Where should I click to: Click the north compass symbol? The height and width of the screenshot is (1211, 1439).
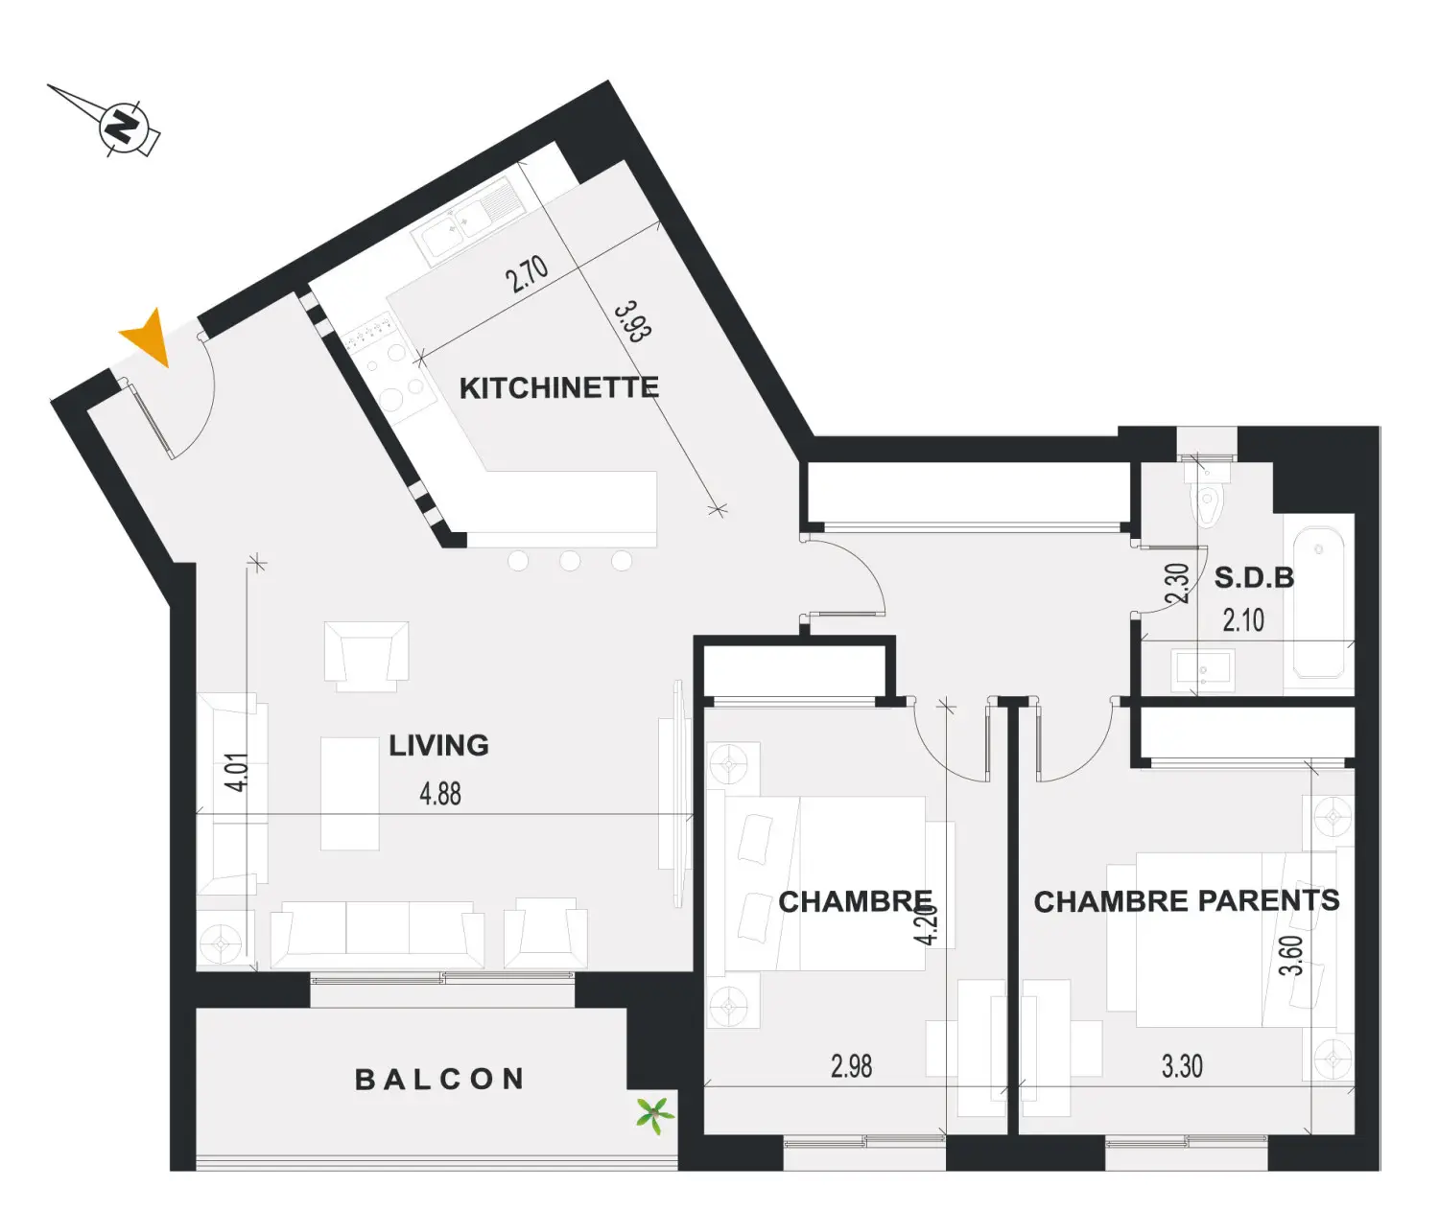click(x=123, y=127)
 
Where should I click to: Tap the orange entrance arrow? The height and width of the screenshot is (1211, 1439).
click(x=150, y=338)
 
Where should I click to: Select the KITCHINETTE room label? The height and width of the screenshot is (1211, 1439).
click(x=559, y=387)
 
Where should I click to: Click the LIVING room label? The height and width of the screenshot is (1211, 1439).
click(x=439, y=745)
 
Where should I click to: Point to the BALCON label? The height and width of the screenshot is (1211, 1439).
click(x=439, y=1080)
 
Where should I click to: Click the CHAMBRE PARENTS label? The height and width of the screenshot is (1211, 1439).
click(x=1187, y=901)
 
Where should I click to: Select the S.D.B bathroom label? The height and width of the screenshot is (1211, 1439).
click(x=1254, y=577)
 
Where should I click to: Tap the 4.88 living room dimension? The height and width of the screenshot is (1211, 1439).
click(x=440, y=794)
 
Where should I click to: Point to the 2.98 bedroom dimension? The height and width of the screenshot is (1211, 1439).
click(x=852, y=1066)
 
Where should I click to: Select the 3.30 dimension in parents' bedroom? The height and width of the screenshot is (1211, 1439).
click(x=1183, y=1066)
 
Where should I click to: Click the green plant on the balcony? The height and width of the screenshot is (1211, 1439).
click(x=654, y=1114)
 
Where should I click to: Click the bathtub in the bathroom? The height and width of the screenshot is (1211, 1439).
click(x=1318, y=603)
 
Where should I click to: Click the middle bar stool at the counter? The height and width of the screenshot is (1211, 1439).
click(x=570, y=561)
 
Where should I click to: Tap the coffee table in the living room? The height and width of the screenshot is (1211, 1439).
click(x=349, y=794)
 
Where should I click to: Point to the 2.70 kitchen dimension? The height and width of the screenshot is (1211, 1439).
click(x=528, y=274)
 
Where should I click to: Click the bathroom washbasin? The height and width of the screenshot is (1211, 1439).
click(x=1202, y=669)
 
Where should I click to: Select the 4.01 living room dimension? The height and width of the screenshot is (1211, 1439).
click(x=236, y=772)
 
